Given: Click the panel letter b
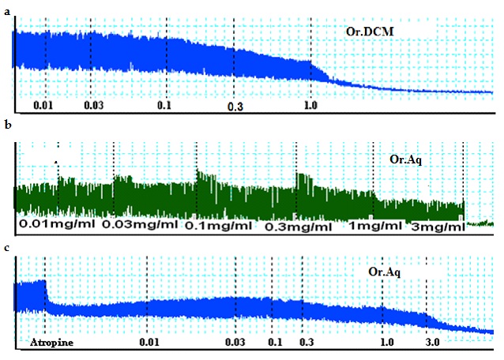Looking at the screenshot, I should pos(6,126).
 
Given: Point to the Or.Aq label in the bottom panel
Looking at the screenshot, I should pos(385,272).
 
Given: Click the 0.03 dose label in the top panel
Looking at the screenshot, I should pos(93,105).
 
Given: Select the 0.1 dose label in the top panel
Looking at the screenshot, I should pos(164,105).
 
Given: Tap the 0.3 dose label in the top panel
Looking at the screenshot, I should pos(235,106).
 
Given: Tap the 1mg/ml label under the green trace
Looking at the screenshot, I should pos(377,227).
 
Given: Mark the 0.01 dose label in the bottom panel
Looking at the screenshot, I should pos(148,343).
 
